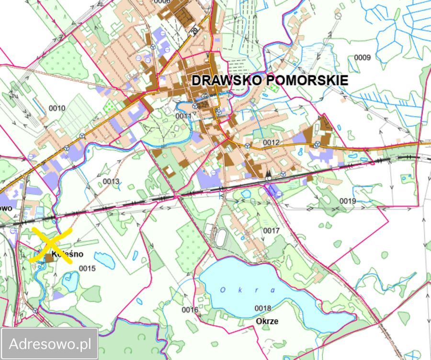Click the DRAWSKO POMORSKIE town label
tap(270, 80)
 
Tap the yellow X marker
tap(51, 245)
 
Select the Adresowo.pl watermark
tap(50, 343)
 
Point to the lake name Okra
tap(248, 290)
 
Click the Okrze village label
tap(267, 321)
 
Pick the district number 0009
tap(363, 57)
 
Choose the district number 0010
tap(57, 108)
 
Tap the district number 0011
tap(183, 116)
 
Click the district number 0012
tap(271, 143)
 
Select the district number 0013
tap(111, 181)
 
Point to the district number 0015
tap(88, 269)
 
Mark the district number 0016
tap(190, 310)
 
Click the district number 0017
tap(271, 231)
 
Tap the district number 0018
tap(263, 308)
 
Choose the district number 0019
tap(348, 201)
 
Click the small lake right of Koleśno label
tap(104, 261)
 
